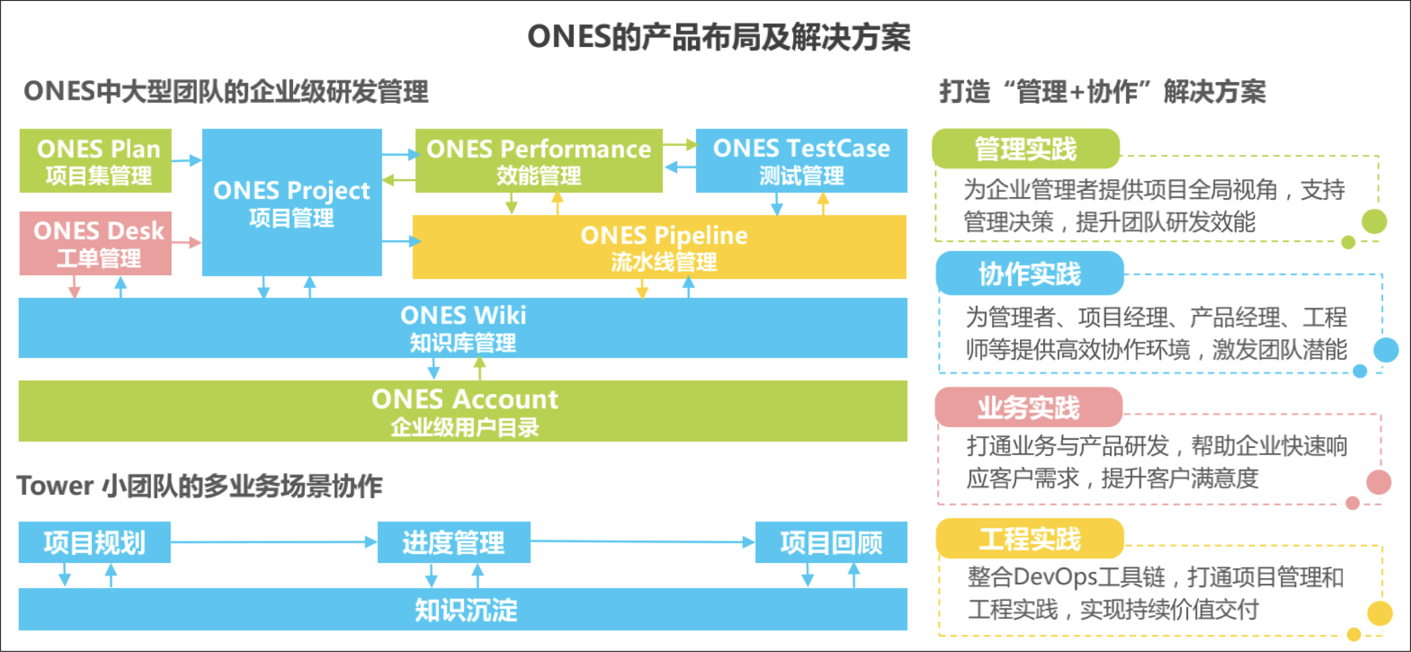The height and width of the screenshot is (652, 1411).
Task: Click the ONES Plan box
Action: tap(95, 160)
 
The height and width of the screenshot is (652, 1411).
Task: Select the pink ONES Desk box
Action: tap(95, 243)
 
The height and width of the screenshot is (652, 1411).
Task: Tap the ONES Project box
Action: tap(291, 202)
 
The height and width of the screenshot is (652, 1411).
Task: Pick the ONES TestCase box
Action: tap(801, 160)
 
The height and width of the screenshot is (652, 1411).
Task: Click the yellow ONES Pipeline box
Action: tap(660, 247)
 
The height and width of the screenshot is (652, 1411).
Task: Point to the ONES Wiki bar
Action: tap(463, 328)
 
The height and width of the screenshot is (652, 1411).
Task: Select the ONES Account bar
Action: tap(463, 411)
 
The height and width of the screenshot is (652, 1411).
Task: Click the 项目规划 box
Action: tap(95, 542)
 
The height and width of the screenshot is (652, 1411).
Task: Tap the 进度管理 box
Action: tap(453, 542)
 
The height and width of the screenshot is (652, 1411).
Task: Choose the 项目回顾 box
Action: tap(831, 542)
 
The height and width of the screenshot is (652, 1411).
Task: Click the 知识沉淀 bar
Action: tap(463, 609)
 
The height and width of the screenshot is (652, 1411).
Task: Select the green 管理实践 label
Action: tap(1025, 149)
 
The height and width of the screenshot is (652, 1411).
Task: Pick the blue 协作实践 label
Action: tap(1029, 273)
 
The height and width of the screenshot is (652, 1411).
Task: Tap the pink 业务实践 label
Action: tap(1028, 407)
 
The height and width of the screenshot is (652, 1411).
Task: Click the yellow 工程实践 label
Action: tap(1029, 539)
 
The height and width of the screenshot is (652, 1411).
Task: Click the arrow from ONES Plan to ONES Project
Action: tap(186, 160)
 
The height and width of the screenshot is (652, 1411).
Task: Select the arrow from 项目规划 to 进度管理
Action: tap(274, 542)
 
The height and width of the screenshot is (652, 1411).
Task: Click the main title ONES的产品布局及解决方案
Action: tap(719, 37)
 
